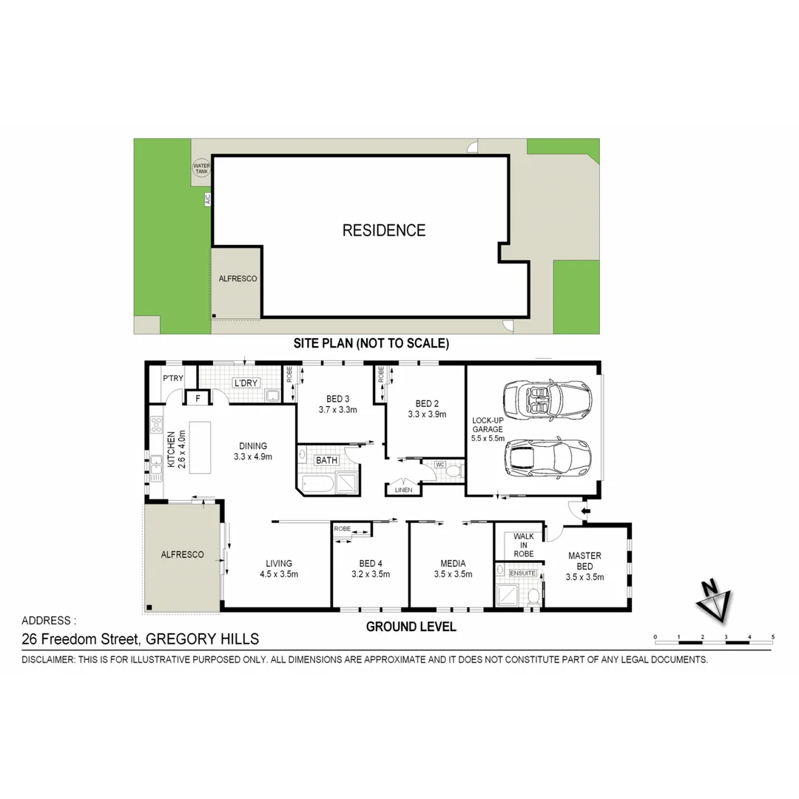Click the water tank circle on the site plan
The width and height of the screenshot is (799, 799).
[x=201, y=168]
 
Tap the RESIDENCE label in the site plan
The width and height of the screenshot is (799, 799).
[x=383, y=230]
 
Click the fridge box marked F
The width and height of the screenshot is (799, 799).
[x=197, y=399]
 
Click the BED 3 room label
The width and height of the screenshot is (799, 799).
[x=337, y=399]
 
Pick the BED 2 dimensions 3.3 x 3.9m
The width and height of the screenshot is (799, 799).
[x=428, y=414]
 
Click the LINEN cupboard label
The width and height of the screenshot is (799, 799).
[x=403, y=490]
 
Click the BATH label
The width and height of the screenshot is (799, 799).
[x=326, y=460]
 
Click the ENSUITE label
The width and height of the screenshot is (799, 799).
[x=522, y=572]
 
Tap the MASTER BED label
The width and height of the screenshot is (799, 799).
[x=584, y=561]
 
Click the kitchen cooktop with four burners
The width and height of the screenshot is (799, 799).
[x=156, y=425]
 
